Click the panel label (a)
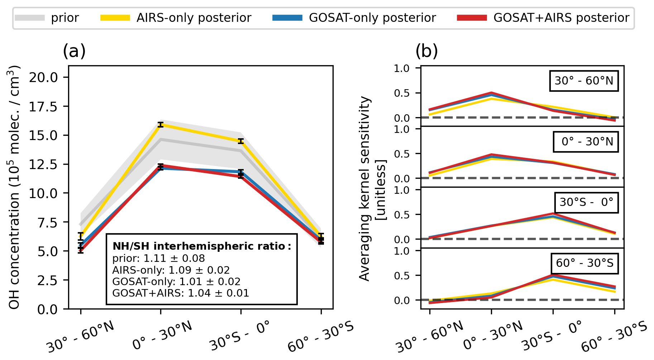point(74,51)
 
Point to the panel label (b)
point(426,51)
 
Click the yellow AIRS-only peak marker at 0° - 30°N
point(161,125)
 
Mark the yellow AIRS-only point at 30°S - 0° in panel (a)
point(241,141)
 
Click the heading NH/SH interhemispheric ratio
point(202,246)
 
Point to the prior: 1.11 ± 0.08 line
point(158,258)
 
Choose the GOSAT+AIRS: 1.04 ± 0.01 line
point(181,293)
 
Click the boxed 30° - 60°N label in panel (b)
point(584,81)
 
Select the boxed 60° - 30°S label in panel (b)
point(584,263)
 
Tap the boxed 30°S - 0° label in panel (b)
point(586,202)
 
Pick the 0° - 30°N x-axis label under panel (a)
point(162,335)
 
